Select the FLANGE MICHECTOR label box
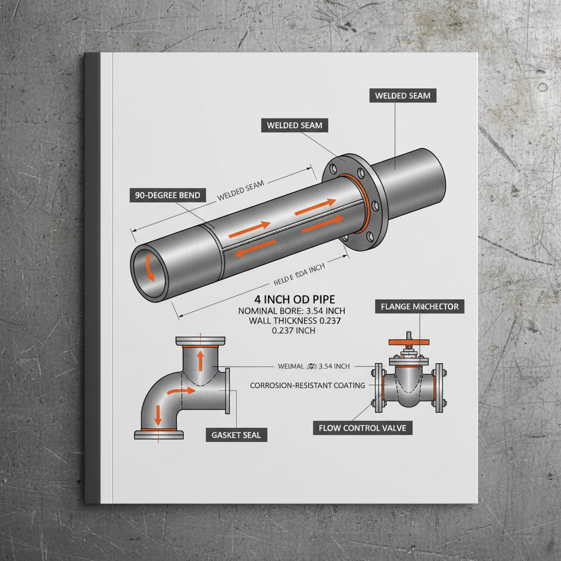pos(420,307)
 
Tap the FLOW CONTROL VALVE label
pos(362,427)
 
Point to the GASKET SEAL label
pos(236,436)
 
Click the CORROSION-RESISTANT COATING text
pos(307,386)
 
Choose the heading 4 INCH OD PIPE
pos(295,300)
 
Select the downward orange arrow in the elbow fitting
pos(158,415)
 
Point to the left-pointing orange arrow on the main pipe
pos(256,247)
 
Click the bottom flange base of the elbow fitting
pos(159,435)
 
